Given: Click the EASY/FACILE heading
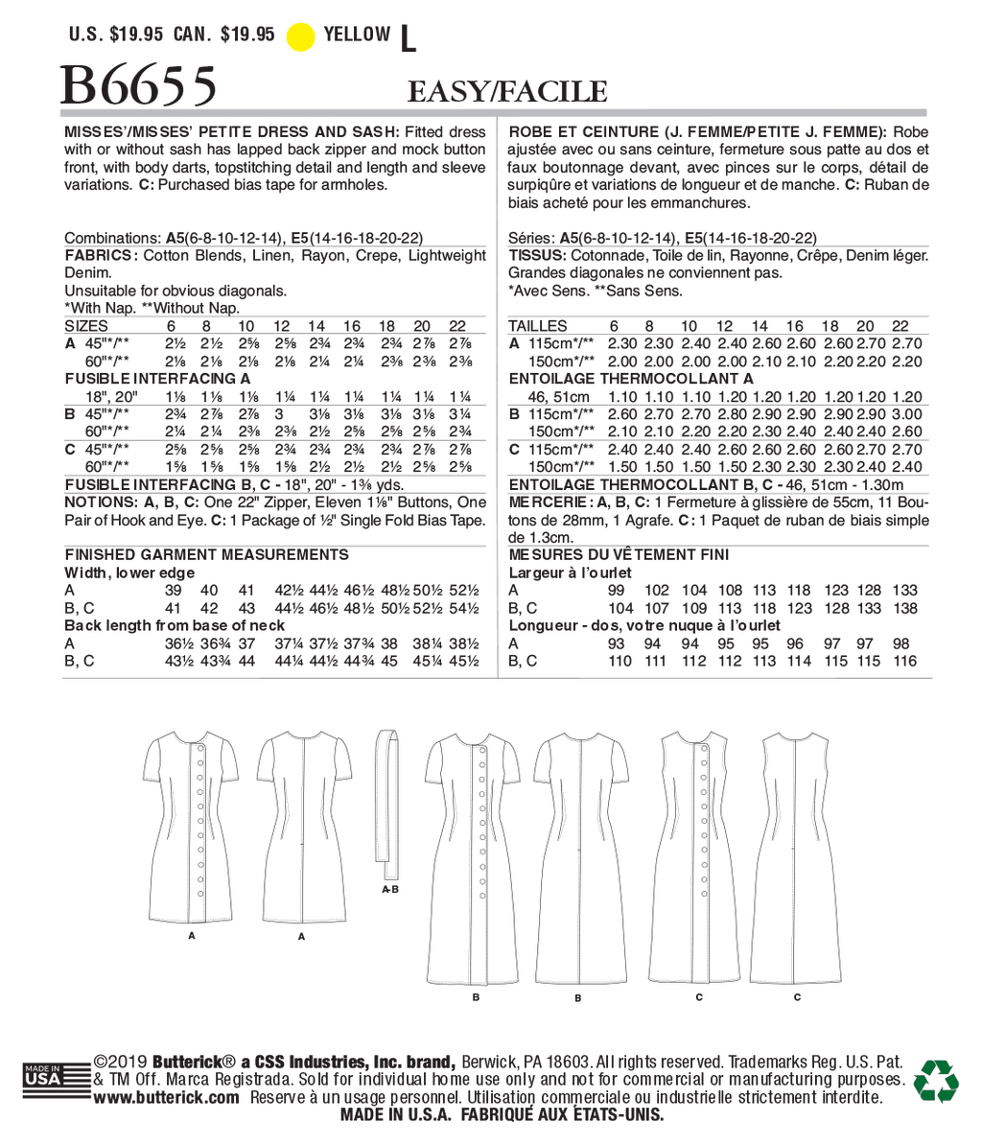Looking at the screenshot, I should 507,92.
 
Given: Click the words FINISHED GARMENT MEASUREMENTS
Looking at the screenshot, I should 206,554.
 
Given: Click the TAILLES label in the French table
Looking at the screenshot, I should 537,326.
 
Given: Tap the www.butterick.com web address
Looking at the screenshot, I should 166,1098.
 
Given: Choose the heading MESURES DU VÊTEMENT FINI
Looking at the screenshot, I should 619,554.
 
